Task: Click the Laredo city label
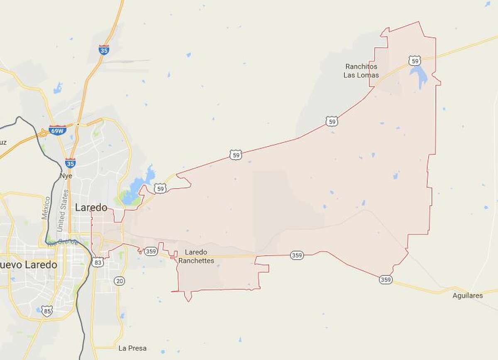(x=91, y=208)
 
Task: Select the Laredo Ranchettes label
(x=196, y=257)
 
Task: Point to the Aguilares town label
(x=468, y=296)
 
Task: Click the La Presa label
(x=132, y=348)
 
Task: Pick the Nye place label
(x=66, y=176)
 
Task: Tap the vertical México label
(x=45, y=208)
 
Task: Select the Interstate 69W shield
(x=57, y=130)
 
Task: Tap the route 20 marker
(x=120, y=281)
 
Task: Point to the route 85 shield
(x=47, y=311)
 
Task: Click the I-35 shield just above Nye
(x=70, y=163)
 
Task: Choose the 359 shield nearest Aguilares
(x=386, y=280)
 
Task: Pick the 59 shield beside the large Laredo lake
(x=161, y=189)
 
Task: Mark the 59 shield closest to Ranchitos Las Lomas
(x=415, y=61)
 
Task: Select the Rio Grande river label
(x=62, y=242)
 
